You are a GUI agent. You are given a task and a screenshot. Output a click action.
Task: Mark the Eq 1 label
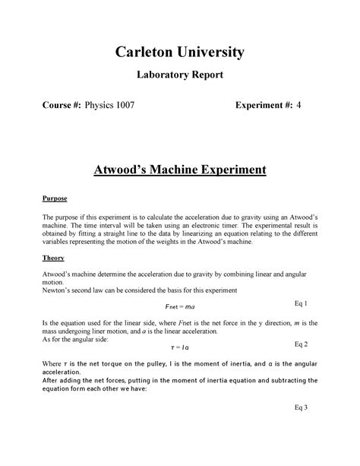(x=302, y=303)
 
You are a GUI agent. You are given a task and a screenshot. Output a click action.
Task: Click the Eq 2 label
(x=302, y=344)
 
